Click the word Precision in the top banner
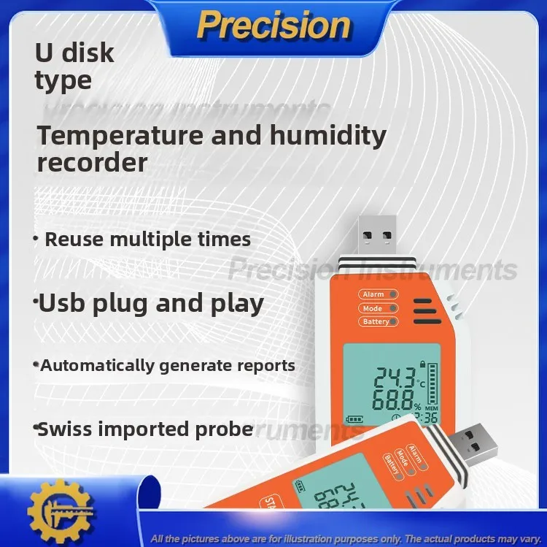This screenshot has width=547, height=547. coord(273,26)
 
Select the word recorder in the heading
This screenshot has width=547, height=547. coord(92,162)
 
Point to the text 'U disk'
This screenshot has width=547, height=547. coord(74,53)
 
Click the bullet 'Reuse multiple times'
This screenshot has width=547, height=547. coord(147,240)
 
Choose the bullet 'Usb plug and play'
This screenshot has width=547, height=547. coord(151,303)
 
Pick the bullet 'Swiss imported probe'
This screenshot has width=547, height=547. coord(144,428)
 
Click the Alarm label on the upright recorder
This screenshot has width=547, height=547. coord(373,294)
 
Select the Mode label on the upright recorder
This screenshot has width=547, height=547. coord(373,308)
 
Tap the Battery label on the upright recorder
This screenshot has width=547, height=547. coord(376,322)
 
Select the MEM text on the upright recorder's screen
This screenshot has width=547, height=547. coord(432,408)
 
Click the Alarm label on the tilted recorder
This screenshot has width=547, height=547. coord(415,450)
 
